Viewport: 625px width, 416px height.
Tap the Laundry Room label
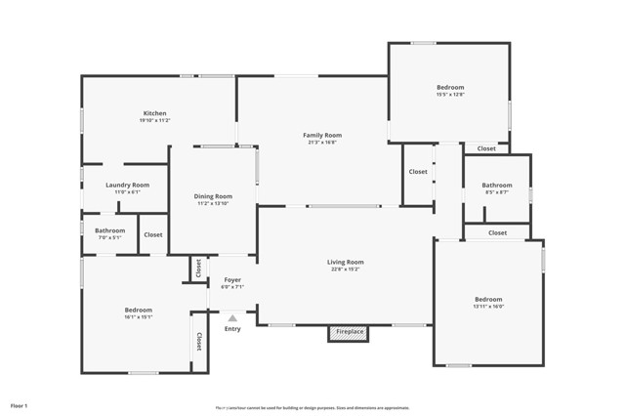point(127,185)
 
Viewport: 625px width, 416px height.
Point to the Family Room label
point(322,135)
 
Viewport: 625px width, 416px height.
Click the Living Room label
point(345,262)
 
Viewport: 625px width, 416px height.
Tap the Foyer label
point(231,280)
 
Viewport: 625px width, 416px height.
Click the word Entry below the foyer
point(232,328)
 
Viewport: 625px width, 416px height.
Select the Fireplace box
point(350,332)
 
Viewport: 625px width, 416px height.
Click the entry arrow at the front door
point(232,316)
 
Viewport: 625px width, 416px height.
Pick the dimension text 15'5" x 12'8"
point(450,95)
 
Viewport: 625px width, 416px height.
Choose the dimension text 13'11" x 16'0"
point(488,307)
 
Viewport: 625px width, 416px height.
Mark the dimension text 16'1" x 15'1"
point(139,316)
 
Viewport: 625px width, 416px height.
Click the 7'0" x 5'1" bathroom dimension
point(109,237)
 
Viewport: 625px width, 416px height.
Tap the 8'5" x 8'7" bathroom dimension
point(496,192)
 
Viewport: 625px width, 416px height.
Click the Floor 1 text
point(20,404)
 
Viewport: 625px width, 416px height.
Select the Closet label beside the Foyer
point(198,268)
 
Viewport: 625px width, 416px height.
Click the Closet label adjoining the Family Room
point(418,171)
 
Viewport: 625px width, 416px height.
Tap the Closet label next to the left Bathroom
point(153,234)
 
